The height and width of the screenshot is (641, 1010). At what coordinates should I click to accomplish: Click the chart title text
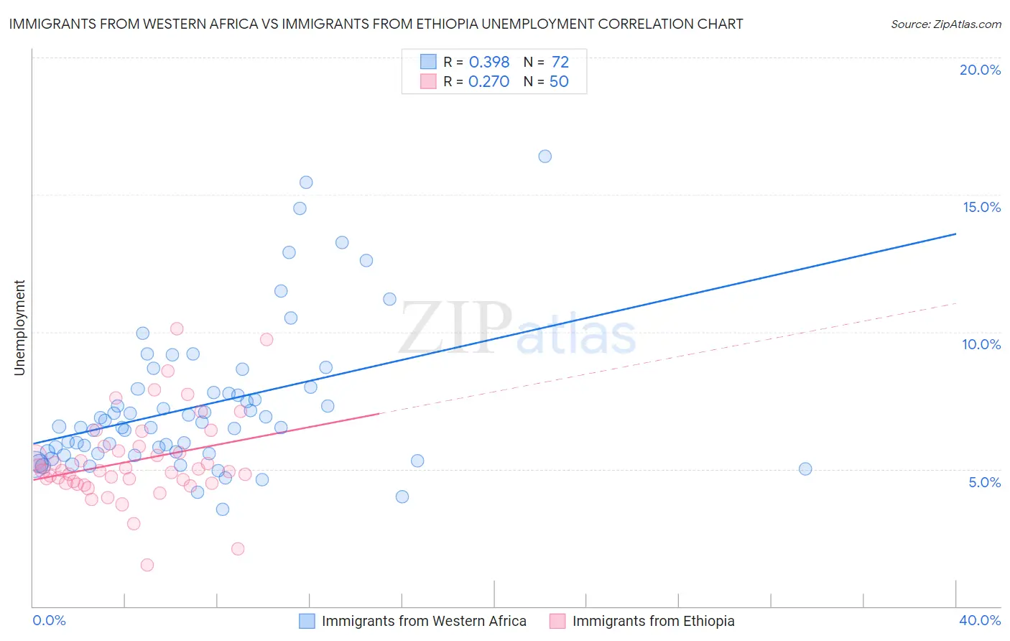click(x=376, y=24)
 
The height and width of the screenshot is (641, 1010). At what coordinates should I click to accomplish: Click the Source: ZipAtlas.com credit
click(x=945, y=24)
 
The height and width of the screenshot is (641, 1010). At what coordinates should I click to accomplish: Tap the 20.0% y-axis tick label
click(x=980, y=70)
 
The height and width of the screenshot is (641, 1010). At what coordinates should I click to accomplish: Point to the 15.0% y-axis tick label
click(x=981, y=207)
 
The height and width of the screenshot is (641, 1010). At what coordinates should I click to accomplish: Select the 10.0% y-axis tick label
click(x=981, y=344)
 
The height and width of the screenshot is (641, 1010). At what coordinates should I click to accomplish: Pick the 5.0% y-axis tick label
click(x=984, y=482)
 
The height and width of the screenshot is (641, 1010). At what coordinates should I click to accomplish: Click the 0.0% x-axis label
click(x=49, y=620)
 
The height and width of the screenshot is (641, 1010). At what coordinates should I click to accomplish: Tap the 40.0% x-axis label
click(x=980, y=620)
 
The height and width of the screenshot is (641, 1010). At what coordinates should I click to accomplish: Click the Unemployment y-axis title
click(x=19, y=328)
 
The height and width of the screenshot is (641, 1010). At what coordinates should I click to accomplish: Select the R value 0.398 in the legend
click(x=488, y=62)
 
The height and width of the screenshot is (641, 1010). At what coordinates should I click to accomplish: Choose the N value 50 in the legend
click(x=559, y=81)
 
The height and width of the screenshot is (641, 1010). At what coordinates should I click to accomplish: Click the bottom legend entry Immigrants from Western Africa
click(x=424, y=621)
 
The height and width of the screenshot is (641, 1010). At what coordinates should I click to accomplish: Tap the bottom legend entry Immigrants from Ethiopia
click(x=653, y=621)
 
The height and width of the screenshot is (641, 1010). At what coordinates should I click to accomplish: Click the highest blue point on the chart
click(x=545, y=156)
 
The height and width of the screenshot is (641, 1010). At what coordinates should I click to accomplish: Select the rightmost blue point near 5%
click(x=805, y=469)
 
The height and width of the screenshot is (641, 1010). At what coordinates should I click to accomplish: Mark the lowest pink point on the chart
click(x=147, y=565)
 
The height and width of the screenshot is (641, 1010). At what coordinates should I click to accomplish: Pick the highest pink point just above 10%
click(x=177, y=328)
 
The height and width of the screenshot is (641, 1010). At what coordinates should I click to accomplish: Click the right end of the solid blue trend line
click(x=956, y=234)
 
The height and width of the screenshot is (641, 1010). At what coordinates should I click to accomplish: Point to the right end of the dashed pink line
click(x=956, y=303)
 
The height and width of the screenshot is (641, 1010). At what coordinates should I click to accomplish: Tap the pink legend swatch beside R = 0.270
click(x=428, y=81)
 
